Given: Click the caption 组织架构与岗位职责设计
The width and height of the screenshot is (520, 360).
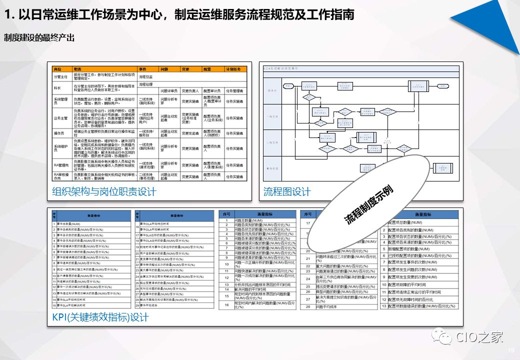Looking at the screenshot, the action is click(x=104, y=191).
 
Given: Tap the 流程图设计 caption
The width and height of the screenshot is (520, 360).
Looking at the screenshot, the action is click(x=287, y=191).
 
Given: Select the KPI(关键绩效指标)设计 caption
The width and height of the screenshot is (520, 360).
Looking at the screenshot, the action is click(x=100, y=317).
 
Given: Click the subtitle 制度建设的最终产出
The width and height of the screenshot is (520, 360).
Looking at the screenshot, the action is click(x=39, y=37).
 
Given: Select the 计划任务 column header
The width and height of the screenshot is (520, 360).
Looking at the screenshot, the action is click(x=233, y=69).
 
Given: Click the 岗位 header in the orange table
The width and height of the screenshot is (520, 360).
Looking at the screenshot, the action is click(x=57, y=69).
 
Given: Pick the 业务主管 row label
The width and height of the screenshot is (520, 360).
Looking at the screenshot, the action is click(x=60, y=118).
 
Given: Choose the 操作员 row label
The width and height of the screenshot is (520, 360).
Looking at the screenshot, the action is click(x=59, y=134).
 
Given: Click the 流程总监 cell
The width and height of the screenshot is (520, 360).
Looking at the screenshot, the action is click(x=146, y=77).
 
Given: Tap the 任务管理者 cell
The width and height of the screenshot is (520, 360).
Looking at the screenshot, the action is click(x=234, y=91).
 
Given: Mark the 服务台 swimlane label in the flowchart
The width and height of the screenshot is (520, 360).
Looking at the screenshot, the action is click(x=272, y=90).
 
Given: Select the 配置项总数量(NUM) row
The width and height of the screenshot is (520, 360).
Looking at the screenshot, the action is click(x=407, y=222).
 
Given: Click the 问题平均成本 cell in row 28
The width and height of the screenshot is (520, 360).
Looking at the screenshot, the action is click(x=328, y=306).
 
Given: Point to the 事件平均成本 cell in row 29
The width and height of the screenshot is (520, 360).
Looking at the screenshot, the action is click(x=151, y=304).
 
